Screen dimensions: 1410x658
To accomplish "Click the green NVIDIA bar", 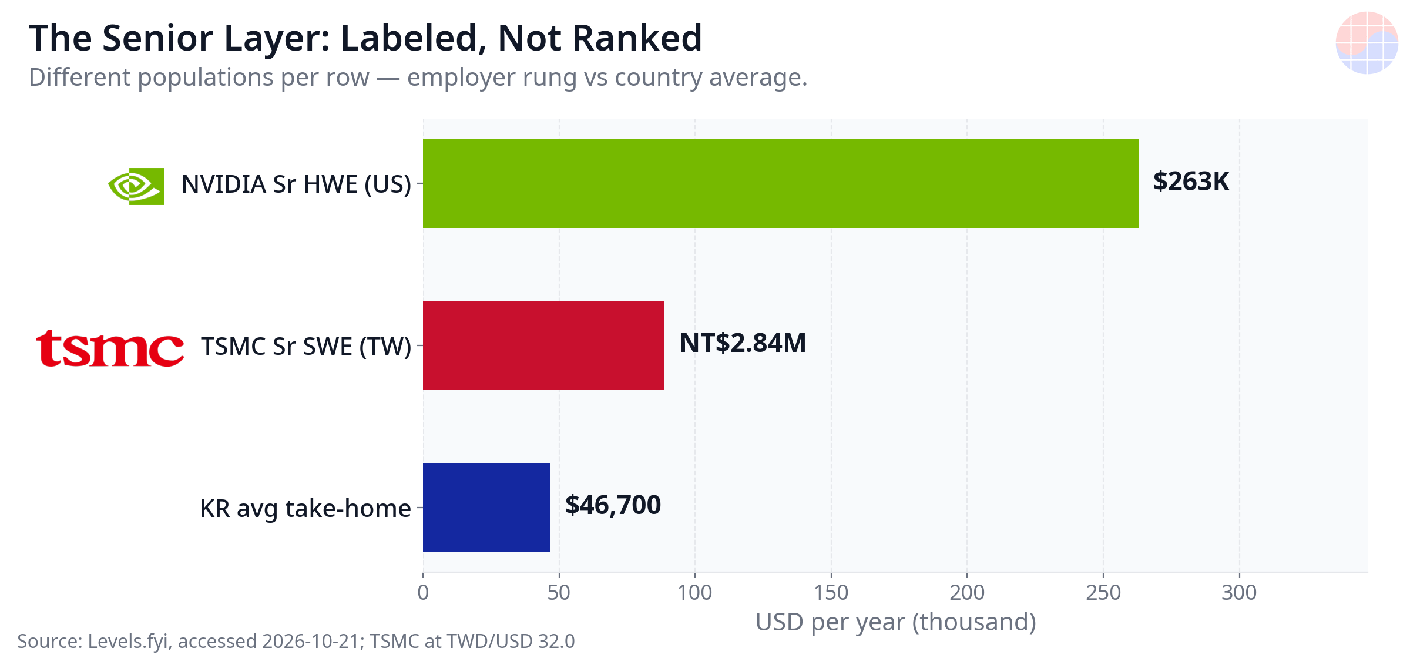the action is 780,183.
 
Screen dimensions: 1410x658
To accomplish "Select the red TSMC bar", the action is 543,345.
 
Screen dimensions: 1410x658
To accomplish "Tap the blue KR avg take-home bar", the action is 486,507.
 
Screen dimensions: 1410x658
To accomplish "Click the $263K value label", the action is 1191,182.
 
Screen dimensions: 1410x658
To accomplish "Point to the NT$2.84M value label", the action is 743,343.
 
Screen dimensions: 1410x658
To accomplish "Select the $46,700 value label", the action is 613,505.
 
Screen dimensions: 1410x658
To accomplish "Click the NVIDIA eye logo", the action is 136,186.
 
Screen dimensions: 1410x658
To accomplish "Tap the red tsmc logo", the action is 110,348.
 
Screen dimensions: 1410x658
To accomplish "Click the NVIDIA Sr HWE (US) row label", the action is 296,184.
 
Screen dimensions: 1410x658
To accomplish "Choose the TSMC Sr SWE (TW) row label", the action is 306,347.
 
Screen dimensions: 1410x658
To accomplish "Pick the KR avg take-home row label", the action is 305,509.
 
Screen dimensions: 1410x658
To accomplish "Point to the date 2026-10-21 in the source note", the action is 311,641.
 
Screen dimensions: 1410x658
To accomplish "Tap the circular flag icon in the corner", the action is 1367,43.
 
